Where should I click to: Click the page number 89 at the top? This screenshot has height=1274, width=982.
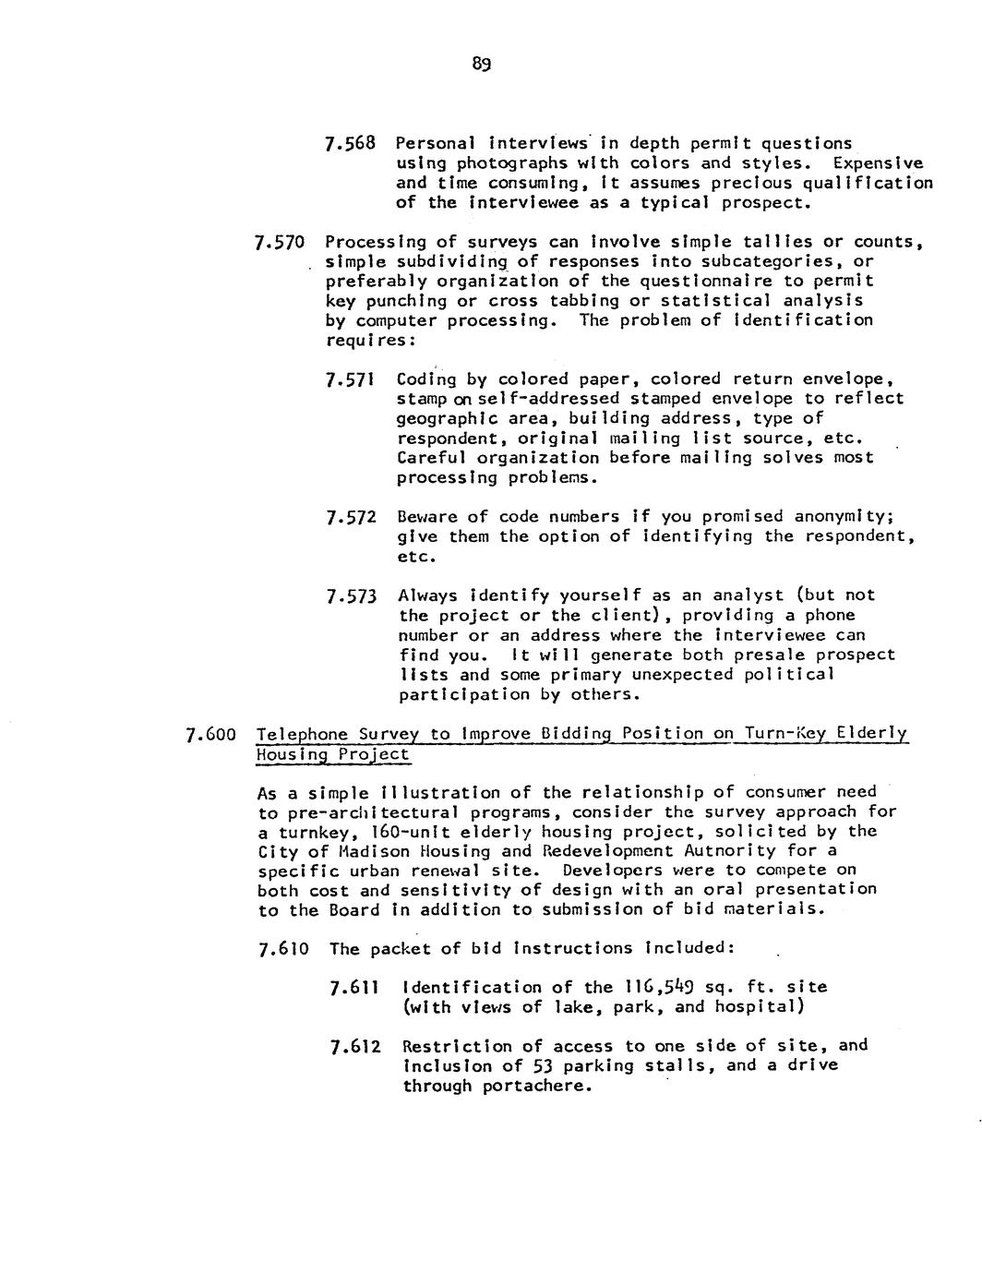coord(481,65)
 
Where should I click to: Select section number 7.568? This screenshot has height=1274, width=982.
coord(351,144)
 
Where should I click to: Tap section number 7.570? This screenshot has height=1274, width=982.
coord(279,244)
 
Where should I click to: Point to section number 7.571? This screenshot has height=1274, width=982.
coord(351,379)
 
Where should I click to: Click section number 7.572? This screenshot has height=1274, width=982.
coord(351,518)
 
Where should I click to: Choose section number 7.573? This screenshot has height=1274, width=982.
coord(352,596)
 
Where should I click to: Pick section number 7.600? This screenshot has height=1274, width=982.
coord(211,736)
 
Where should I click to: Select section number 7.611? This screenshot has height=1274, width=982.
coord(353,988)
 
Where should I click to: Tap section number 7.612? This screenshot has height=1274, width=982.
coord(354,1047)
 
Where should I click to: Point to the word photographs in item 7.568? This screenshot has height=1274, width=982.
coord(503,163)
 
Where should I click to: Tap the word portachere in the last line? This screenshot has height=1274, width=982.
coord(530,1086)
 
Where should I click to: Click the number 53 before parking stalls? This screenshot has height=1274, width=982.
coord(542,1066)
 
